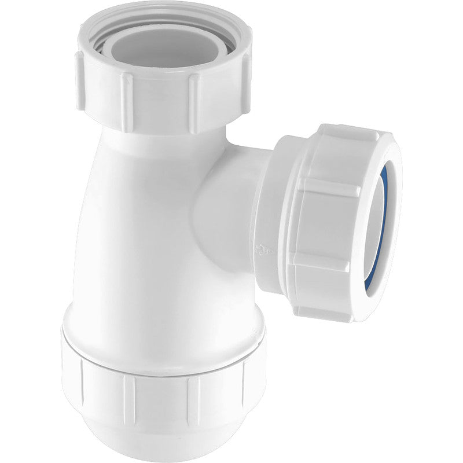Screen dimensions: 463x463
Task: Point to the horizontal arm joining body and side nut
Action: click(x=231, y=191)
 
